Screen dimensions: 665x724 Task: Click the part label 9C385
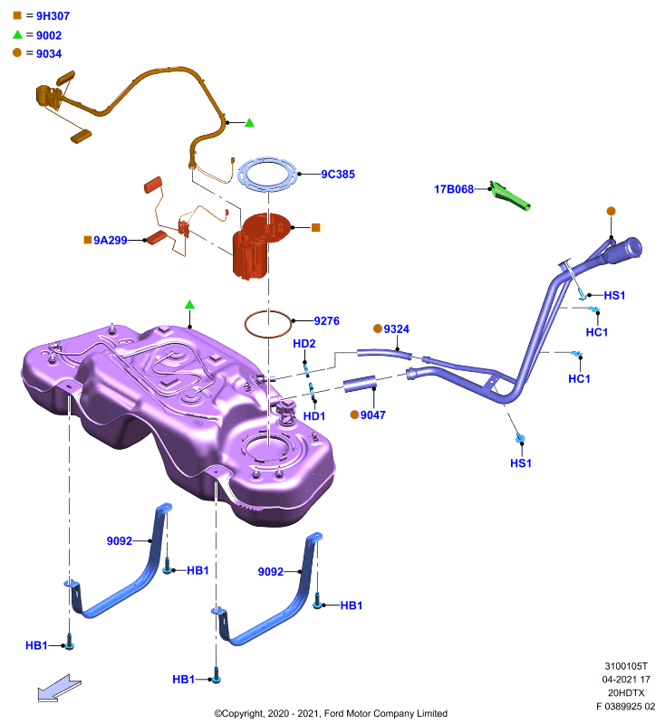[x=338, y=174]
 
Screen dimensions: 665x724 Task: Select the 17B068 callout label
[x=454, y=189]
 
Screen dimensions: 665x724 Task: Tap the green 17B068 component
[x=510, y=196]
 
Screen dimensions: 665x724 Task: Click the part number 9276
[x=327, y=321]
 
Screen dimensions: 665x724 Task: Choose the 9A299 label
[x=110, y=240]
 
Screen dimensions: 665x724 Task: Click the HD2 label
[x=304, y=344]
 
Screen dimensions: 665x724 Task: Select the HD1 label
[x=314, y=416]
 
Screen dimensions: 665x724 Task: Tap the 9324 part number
[x=397, y=329]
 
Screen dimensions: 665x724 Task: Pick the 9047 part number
[x=373, y=415]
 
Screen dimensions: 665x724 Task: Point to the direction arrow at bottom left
[x=59, y=688]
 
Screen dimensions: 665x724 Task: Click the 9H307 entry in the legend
[x=53, y=16]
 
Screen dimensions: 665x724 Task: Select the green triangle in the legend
[x=17, y=34]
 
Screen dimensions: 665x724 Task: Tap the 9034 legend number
[x=49, y=54]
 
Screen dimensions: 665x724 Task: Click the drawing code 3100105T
[x=626, y=666]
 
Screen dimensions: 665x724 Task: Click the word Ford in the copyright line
[x=334, y=713]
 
